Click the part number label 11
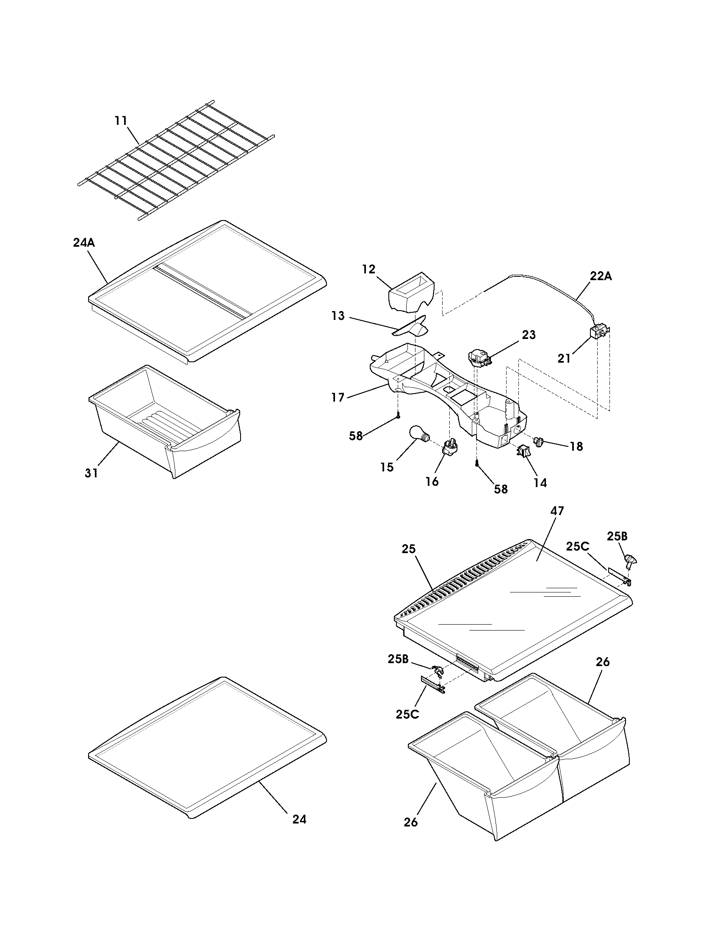point(121,121)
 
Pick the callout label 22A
point(601,276)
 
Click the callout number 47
point(557,511)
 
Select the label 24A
point(83,243)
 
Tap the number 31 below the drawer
point(91,473)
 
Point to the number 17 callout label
point(338,398)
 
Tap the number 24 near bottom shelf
point(299,819)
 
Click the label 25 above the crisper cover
point(408,549)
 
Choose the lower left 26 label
point(410,823)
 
